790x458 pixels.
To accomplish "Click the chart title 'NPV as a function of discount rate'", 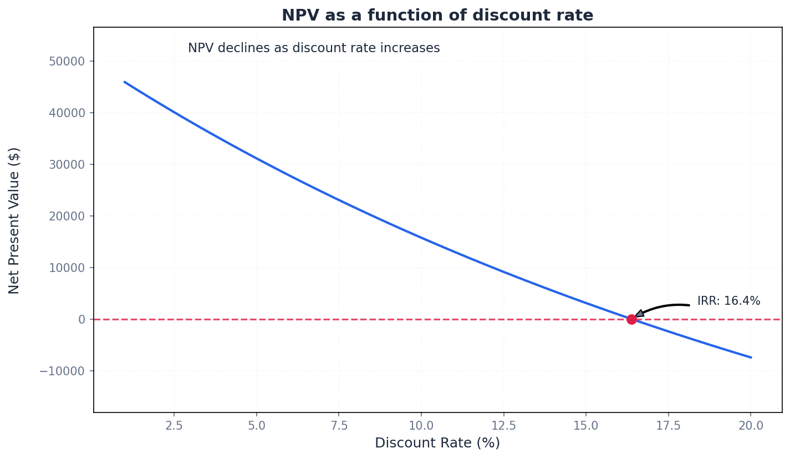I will (437, 16).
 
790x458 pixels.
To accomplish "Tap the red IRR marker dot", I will (631, 319).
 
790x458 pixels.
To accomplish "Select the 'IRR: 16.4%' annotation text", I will (728, 301).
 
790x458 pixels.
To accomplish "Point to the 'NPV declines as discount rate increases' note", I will (314, 48).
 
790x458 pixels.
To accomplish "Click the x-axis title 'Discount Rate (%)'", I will (437, 443).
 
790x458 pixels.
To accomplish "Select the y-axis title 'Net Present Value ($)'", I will (15, 220).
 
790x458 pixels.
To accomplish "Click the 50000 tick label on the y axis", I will (67, 61).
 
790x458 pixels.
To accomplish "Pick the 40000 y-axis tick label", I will (67, 113).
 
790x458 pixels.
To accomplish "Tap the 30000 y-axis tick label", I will (67, 164).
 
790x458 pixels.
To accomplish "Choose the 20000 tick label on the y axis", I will (67, 216).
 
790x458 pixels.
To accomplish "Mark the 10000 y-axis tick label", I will (67, 268).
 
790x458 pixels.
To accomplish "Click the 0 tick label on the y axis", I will (81, 319).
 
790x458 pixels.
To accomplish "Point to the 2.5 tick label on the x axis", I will (174, 426).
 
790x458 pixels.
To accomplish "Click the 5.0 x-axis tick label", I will (256, 426).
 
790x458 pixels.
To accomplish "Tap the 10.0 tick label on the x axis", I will (421, 426).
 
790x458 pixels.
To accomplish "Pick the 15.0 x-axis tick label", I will (585, 426).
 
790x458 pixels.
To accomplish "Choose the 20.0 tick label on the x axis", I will (750, 426).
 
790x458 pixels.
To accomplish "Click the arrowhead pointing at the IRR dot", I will (639, 314).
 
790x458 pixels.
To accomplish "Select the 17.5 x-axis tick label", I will (668, 426).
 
